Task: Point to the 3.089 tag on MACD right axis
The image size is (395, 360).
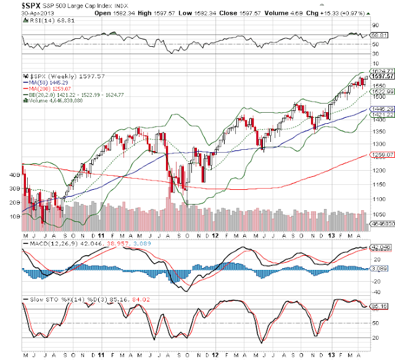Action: [378, 268]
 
